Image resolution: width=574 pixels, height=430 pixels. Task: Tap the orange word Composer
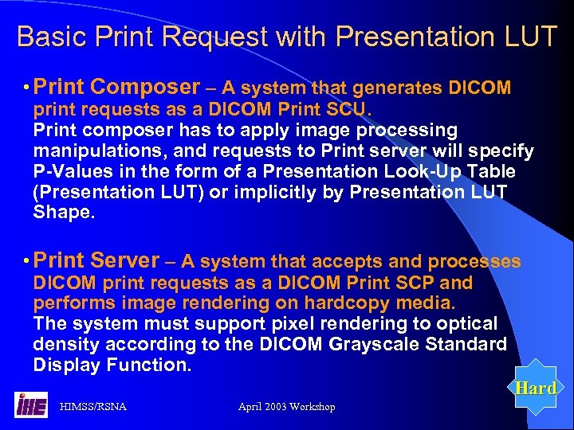click(145, 87)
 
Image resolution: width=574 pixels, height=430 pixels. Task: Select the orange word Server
click(125, 260)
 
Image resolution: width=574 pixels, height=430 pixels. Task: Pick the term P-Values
click(69, 171)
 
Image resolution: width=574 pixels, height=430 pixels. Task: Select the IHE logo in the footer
click(31, 405)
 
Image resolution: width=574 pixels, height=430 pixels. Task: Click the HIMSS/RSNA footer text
click(93, 407)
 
